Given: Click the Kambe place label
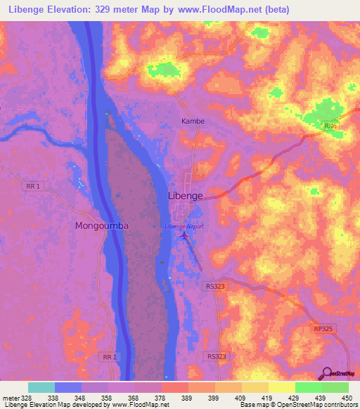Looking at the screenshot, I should coord(193,121).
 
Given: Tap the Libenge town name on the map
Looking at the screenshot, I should coord(186,195).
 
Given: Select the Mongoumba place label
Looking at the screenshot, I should coord(102,226).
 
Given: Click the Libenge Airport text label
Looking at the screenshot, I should coord(184,226).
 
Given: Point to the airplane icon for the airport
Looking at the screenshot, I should coord(184,236).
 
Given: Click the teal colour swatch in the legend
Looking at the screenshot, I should coord(41,387).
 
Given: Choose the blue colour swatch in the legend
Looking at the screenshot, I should coord(68,387).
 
